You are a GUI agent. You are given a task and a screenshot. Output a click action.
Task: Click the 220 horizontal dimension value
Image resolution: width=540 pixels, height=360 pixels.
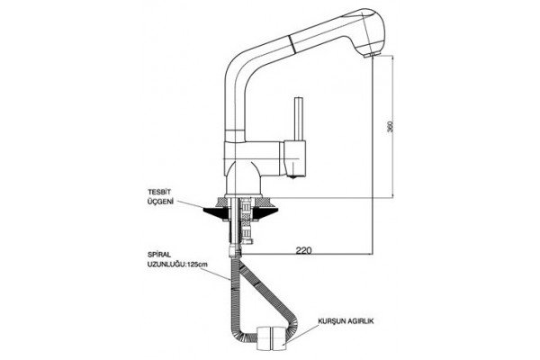[304, 250]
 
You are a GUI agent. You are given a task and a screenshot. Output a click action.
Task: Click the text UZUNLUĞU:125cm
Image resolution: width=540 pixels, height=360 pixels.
[177, 265]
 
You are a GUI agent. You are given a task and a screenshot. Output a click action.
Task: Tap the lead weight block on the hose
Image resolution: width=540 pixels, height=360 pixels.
[272, 338]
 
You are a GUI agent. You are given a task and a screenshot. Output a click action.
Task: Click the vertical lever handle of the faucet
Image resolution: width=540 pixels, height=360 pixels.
[298, 119]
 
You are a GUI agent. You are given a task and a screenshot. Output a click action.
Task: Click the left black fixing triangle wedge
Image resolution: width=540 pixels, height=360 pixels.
[216, 212]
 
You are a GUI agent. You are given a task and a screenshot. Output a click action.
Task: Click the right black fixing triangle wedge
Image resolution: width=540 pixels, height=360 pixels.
[265, 212]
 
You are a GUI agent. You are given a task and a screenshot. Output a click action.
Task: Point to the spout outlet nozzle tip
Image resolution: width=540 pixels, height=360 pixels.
[371, 55]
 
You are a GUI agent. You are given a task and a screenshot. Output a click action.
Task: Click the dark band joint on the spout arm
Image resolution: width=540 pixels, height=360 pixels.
[292, 40]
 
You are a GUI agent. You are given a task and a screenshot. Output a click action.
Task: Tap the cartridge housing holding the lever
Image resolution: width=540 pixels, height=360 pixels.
[295, 157]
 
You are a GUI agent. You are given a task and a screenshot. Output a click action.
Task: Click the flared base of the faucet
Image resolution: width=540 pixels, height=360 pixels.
[245, 178]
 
